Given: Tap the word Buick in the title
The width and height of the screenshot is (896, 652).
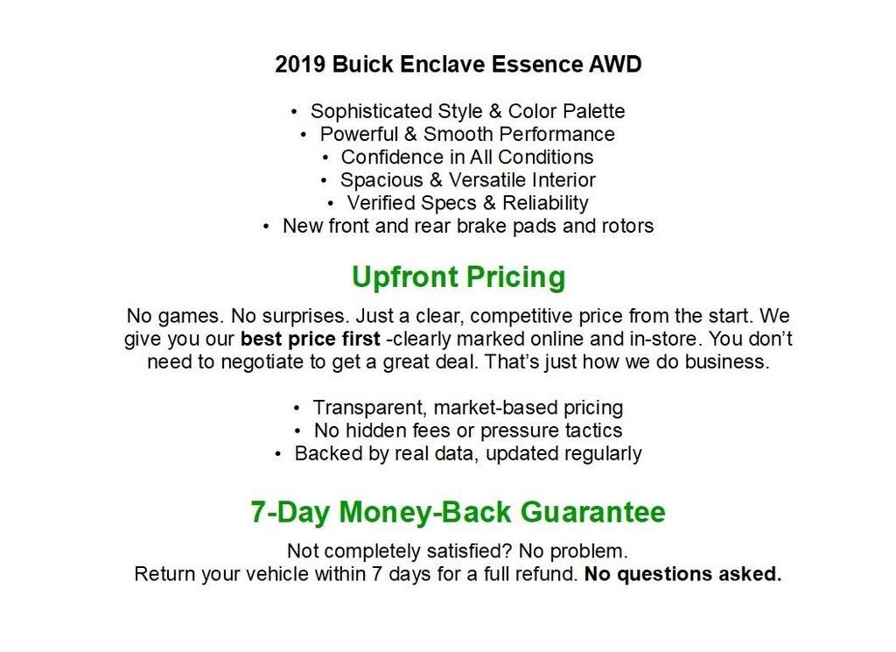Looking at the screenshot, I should [x=360, y=65].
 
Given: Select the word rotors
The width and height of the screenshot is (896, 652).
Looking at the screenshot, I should [x=626, y=225].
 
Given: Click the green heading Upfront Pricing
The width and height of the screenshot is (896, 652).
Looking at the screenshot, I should [x=458, y=277].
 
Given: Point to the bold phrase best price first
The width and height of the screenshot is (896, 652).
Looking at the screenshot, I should [x=311, y=339].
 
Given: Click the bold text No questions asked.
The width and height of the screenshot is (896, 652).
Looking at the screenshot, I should [x=682, y=575].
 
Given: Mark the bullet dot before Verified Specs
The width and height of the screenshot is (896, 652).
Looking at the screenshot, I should [x=332, y=202].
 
